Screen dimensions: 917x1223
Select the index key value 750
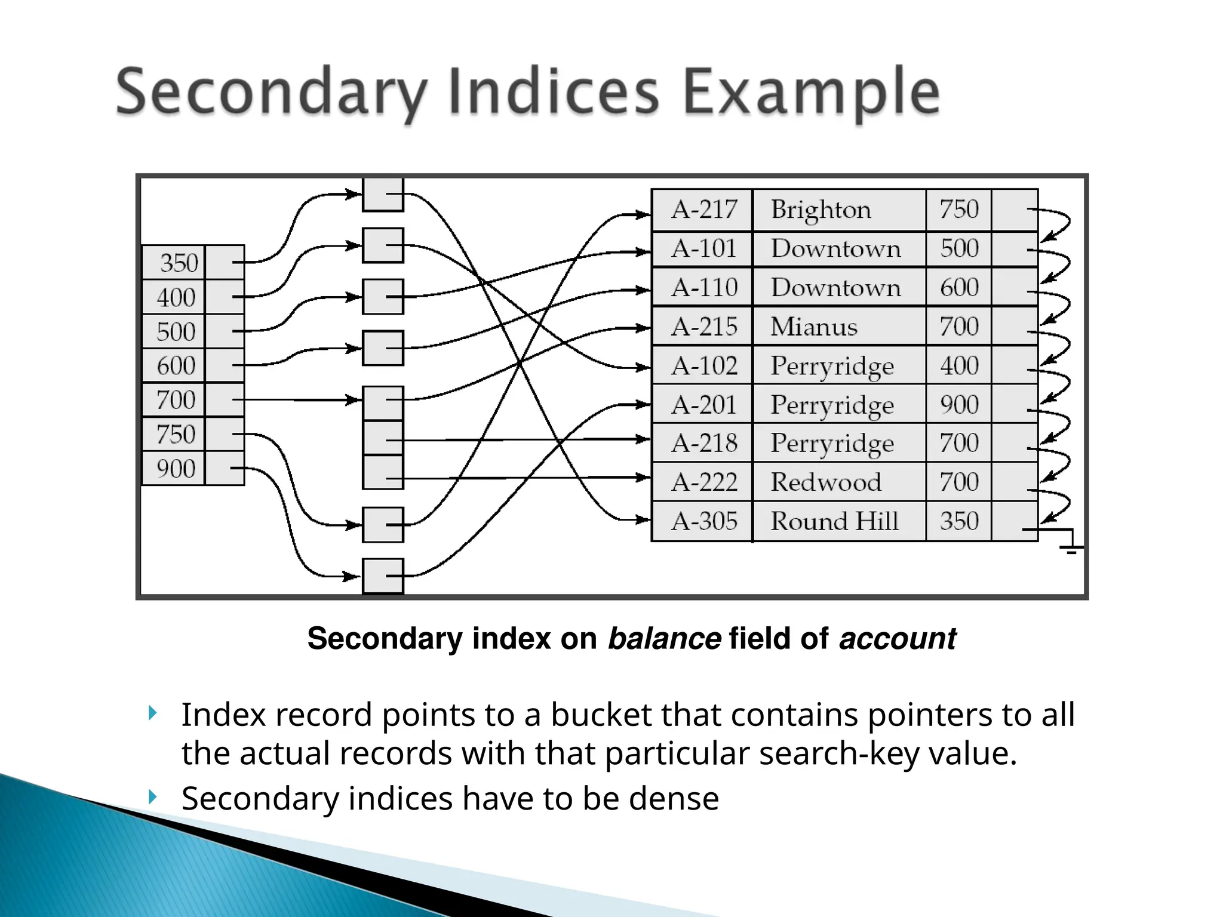pyautogui.click(x=176, y=434)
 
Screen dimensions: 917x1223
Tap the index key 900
pyautogui.click(x=176, y=469)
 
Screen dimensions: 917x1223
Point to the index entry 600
pyautogui.click(x=176, y=365)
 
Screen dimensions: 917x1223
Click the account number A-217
pyautogui.click(x=704, y=210)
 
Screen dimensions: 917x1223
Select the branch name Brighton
pyautogui.click(x=821, y=210)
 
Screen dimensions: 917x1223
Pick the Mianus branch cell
pyautogui.click(x=813, y=327)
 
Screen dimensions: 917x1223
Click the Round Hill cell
pyautogui.click(x=834, y=521)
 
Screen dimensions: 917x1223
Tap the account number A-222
pyautogui.click(x=704, y=482)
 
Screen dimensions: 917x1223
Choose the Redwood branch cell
pyautogui.click(x=825, y=482)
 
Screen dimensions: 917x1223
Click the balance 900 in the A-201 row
pyautogui.click(x=959, y=405)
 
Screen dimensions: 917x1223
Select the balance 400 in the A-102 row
pyautogui.click(x=959, y=365)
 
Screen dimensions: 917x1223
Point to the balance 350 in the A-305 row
pyautogui.click(x=959, y=521)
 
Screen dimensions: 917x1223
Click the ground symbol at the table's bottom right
pyautogui.click(x=1071, y=548)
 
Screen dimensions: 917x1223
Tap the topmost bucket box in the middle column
pyautogui.click(x=383, y=195)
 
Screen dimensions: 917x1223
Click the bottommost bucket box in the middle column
pyautogui.click(x=383, y=576)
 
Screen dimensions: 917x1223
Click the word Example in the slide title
pyautogui.click(x=810, y=93)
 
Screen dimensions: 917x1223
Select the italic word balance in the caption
pyautogui.click(x=663, y=638)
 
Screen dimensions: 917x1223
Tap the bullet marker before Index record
pyautogui.click(x=153, y=713)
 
